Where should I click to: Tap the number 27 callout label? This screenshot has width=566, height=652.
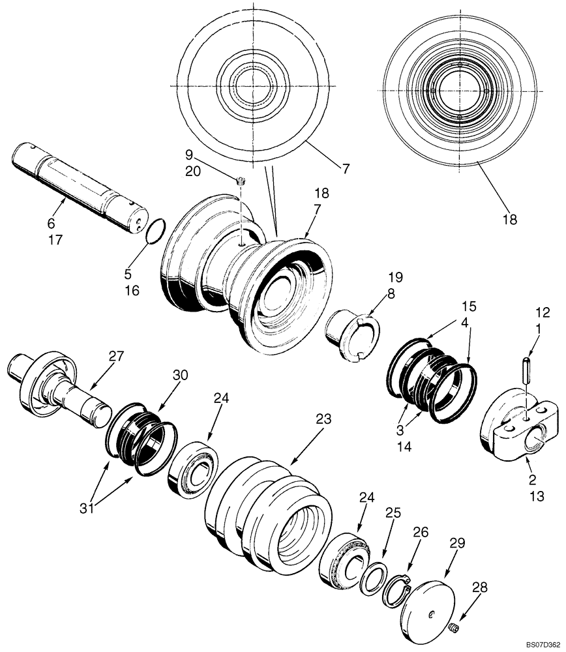coord(116,355)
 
